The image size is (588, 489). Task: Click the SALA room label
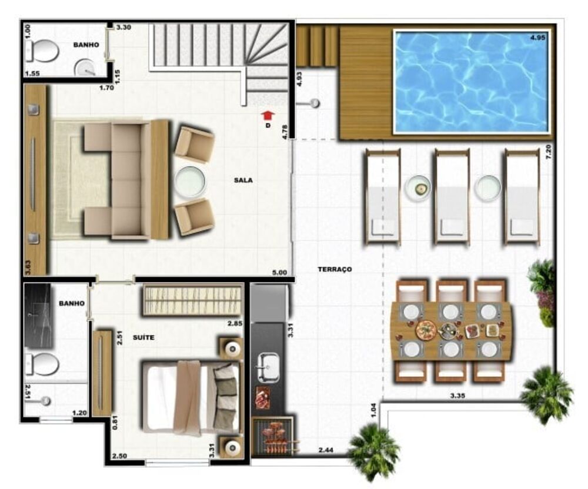tap(243, 180)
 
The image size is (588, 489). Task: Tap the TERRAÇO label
tap(335, 269)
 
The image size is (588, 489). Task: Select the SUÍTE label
tap(143, 337)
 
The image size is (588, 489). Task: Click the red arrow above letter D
tap(268, 115)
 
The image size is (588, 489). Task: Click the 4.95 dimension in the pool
tap(538, 38)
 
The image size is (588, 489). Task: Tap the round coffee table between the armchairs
tap(190, 182)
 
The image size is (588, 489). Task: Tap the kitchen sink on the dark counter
tap(268, 367)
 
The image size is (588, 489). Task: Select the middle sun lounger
tap(452, 197)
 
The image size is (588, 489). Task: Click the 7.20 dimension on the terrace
tap(549, 152)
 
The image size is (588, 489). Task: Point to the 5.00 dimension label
tap(279, 272)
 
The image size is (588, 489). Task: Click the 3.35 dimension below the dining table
tap(458, 396)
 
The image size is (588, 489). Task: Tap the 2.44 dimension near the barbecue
tap(326, 450)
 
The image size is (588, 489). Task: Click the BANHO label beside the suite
tap(72, 303)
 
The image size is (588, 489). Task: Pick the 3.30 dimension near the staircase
tap(123, 27)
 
